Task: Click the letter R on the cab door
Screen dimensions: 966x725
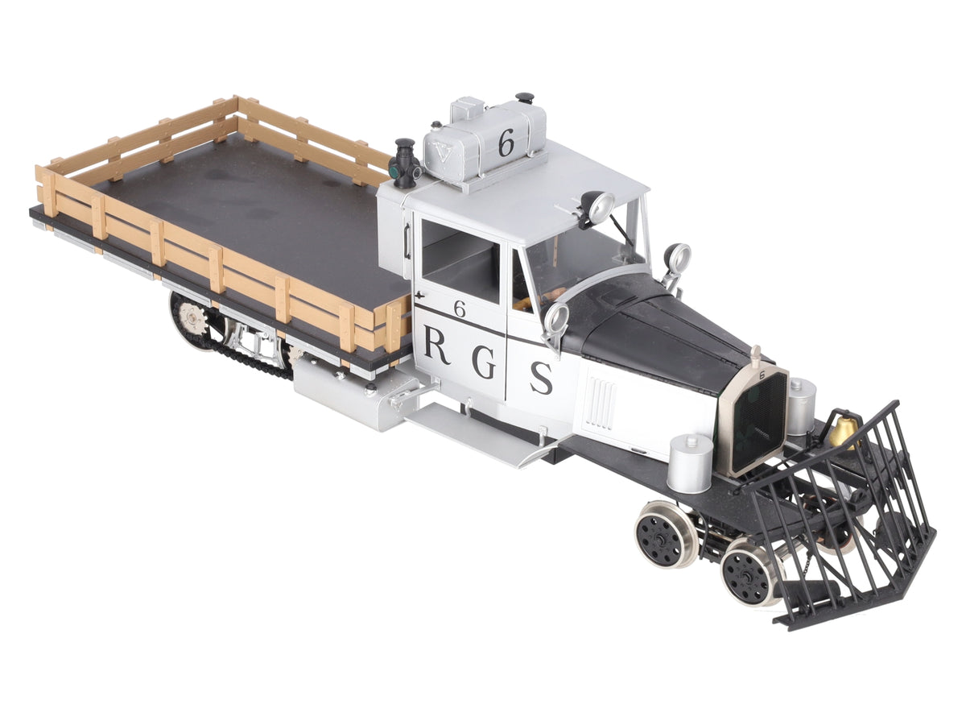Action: [x=437, y=346]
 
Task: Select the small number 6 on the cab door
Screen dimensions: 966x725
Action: [x=460, y=309]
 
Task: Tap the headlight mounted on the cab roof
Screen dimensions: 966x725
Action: [x=597, y=207]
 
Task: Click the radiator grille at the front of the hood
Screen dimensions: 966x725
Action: [x=759, y=424]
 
